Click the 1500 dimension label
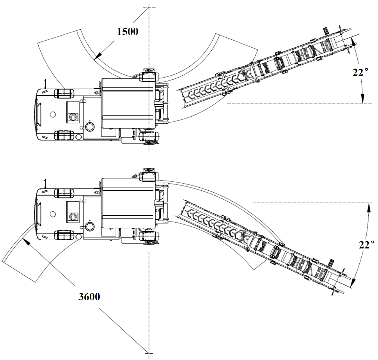pos(128,32)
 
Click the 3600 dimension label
pos(89,297)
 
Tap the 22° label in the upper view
pos(360,72)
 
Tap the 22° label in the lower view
pos(367,245)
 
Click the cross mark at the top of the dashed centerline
pos(149,7)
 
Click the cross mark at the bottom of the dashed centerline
pos(149,353)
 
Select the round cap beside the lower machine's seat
pos(90,226)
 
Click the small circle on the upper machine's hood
pos(53,114)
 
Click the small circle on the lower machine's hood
pos(53,214)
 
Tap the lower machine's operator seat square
pos(73,212)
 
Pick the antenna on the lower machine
pos(45,184)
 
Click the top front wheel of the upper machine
pos(64,94)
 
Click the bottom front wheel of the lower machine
pos(64,235)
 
